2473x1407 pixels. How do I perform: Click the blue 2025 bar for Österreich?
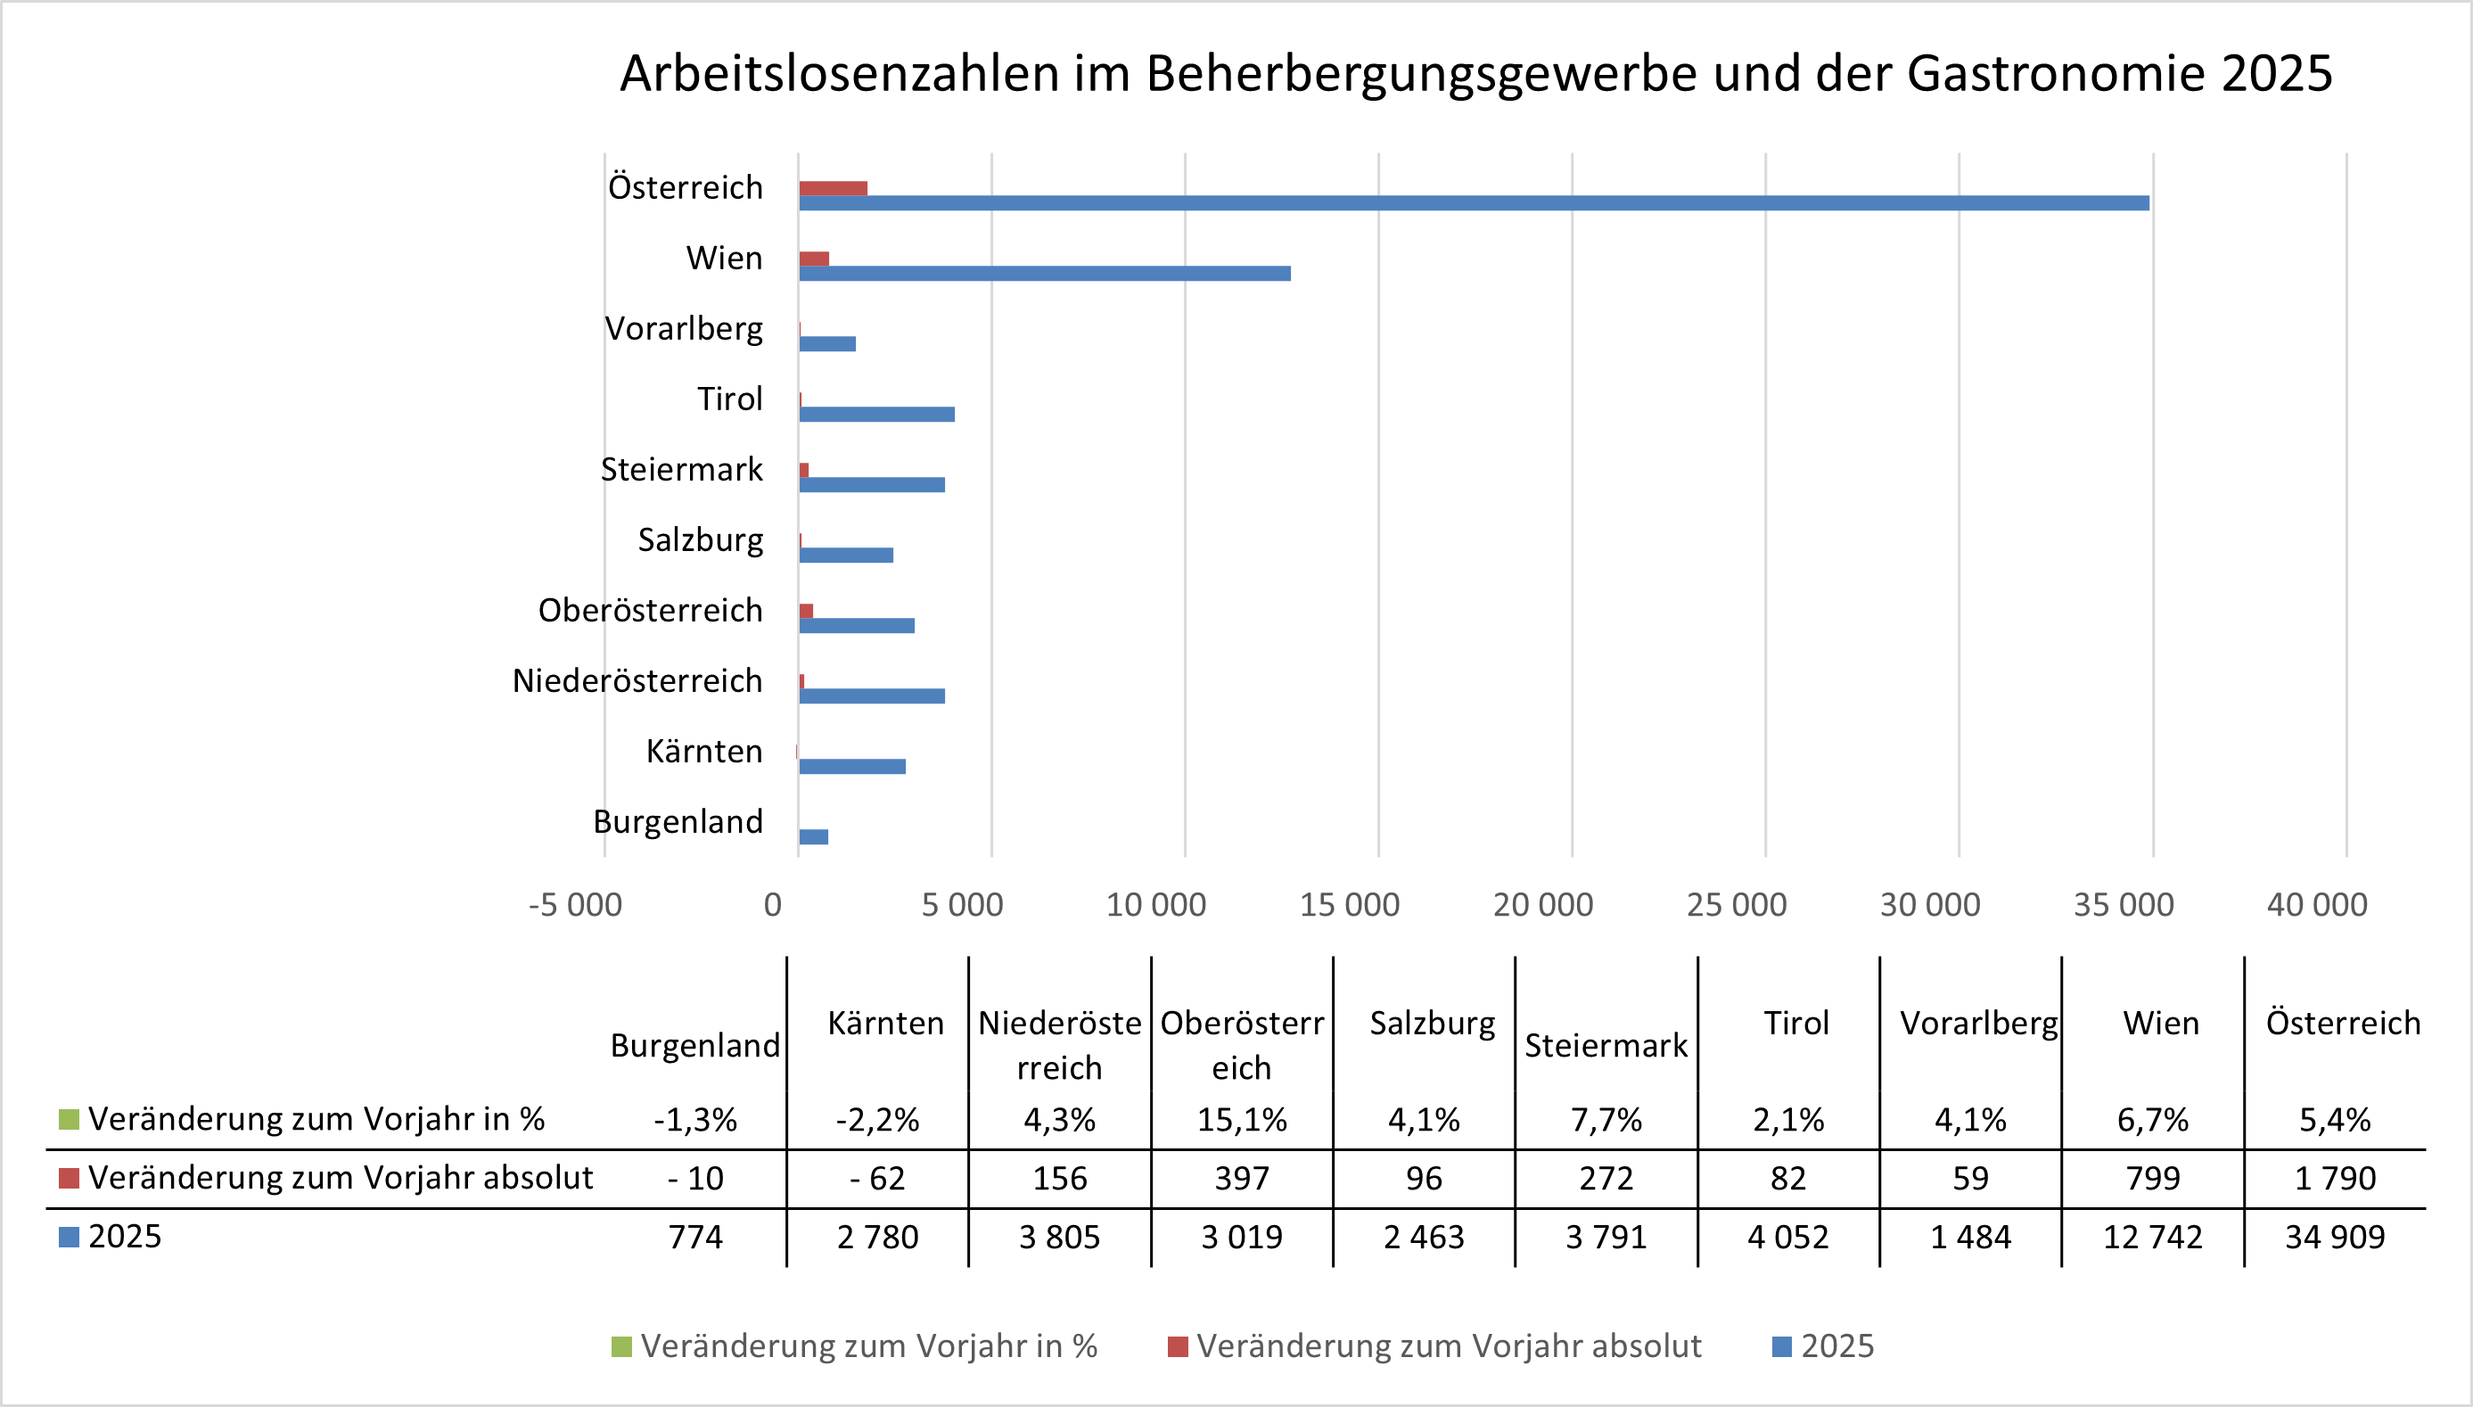click(x=1473, y=203)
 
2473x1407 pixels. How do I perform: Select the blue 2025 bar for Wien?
click(x=1044, y=274)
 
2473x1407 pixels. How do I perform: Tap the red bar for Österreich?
click(x=833, y=188)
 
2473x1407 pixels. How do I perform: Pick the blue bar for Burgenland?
click(x=813, y=837)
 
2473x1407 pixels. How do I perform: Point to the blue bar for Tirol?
click(x=876, y=415)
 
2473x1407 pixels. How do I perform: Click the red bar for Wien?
click(x=813, y=259)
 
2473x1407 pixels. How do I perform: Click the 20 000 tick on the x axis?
click(x=1542, y=906)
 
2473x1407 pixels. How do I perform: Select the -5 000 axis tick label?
click(x=575, y=906)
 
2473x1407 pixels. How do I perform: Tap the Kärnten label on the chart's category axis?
click(x=704, y=752)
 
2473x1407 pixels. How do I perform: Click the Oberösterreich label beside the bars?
click(x=650, y=611)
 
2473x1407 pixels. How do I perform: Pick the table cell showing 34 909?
click(x=2334, y=1238)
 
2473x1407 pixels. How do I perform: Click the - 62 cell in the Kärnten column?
click(x=877, y=1179)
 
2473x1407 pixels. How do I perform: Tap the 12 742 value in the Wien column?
click(x=2152, y=1238)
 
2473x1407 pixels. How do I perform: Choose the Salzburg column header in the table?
click(x=1432, y=1024)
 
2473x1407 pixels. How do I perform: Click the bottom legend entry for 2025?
click(x=1824, y=1346)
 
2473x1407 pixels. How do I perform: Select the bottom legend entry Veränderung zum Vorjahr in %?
click(x=855, y=1346)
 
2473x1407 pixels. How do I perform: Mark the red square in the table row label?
click(x=69, y=1178)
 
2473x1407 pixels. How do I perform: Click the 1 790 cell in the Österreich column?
click(x=2334, y=1179)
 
